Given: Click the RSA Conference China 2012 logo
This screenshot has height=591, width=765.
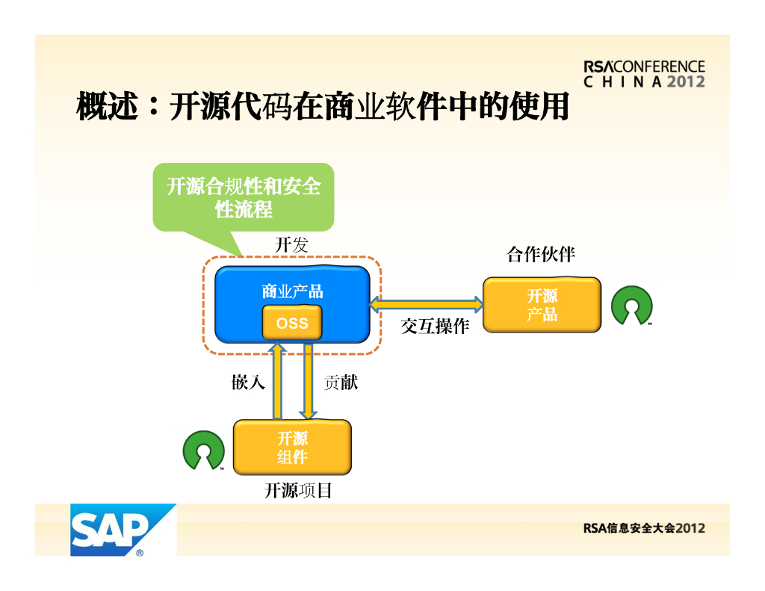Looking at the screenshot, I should click(644, 74).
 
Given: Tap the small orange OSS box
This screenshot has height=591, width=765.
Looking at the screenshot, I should click(292, 323).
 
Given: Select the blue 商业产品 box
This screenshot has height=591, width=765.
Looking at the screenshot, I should click(292, 291).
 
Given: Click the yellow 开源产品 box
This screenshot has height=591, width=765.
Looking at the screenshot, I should click(542, 305).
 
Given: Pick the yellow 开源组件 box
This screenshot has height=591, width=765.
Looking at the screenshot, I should click(292, 447).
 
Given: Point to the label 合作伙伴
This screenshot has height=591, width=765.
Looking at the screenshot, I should click(541, 255).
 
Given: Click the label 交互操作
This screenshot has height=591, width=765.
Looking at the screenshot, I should click(435, 327).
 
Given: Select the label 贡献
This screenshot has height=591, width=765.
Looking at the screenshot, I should click(341, 383).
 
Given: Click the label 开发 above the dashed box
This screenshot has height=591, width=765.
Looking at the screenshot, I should click(291, 244).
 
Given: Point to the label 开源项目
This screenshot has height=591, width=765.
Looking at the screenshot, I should click(297, 491).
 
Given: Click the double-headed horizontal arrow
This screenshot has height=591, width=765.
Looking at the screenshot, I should click(427, 304).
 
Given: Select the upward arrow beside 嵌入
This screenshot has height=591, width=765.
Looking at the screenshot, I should click(277, 381).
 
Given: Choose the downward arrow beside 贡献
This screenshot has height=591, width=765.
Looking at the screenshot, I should click(308, 381).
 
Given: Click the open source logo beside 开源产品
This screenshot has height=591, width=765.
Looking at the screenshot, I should click(631, 306).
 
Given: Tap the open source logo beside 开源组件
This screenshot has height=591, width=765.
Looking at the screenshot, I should click(203, 451).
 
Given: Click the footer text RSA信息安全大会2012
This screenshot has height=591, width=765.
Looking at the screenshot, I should click(644, 528).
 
